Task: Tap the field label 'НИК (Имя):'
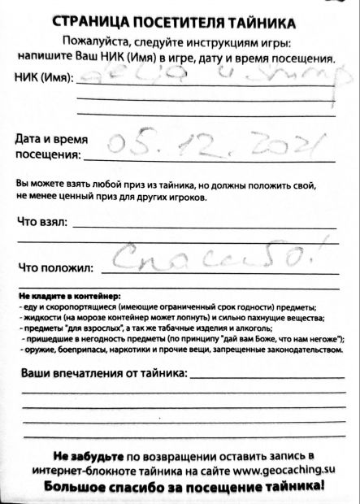coord(43,79)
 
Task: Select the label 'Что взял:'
coord(43,222)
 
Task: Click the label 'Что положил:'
coord(55,267)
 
